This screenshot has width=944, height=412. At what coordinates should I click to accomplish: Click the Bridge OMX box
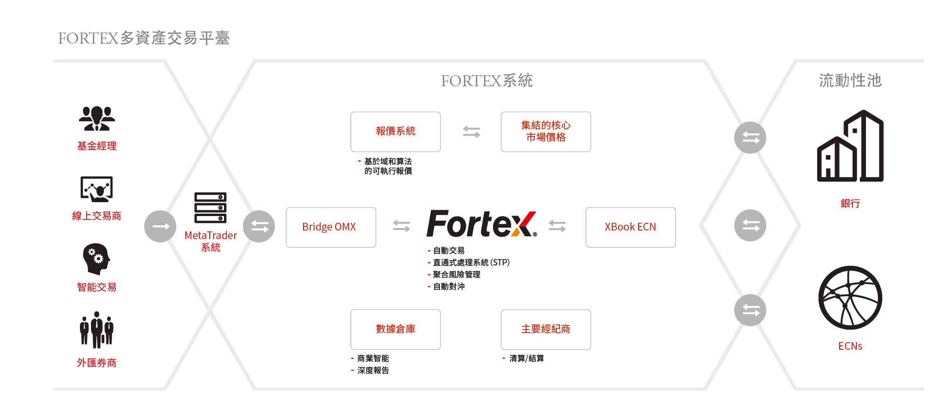coord(331,227)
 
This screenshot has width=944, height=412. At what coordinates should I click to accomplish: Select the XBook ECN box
coord(630,227)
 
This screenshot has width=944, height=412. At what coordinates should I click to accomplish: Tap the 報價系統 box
coord(395,132)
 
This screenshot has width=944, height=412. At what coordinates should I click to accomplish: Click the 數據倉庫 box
coord(395,329)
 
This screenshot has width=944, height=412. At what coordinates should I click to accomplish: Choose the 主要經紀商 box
coord(546,329)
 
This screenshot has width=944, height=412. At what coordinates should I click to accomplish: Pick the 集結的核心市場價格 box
coord(546,132)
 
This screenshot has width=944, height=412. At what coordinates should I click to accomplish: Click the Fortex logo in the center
coord(481,224)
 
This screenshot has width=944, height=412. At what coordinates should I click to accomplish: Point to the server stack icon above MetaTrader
coord(210,207)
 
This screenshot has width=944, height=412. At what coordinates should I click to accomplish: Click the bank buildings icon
coord(850,146)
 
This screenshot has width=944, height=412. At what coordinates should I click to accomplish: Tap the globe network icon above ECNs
coord(850,298)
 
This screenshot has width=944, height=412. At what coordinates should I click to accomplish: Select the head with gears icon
coord(96,259)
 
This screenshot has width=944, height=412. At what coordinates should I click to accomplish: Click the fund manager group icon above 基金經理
coord(97,118)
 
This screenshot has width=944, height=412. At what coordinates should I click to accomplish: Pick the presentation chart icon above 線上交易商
coord(97,189)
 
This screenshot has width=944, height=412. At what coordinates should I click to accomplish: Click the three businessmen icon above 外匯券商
coord(97,330)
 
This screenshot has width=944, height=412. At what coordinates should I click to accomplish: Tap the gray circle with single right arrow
coord(160,226)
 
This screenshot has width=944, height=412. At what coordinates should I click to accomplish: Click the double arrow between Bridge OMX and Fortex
coord(401,226)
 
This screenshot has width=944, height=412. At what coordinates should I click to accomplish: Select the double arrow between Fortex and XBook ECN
coord(557,226)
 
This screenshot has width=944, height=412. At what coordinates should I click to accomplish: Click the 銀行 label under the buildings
coord(850,203)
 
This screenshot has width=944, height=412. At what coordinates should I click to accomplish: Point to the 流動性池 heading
coord(850,80)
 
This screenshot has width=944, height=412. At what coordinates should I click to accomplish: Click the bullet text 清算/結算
coord(527,358)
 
